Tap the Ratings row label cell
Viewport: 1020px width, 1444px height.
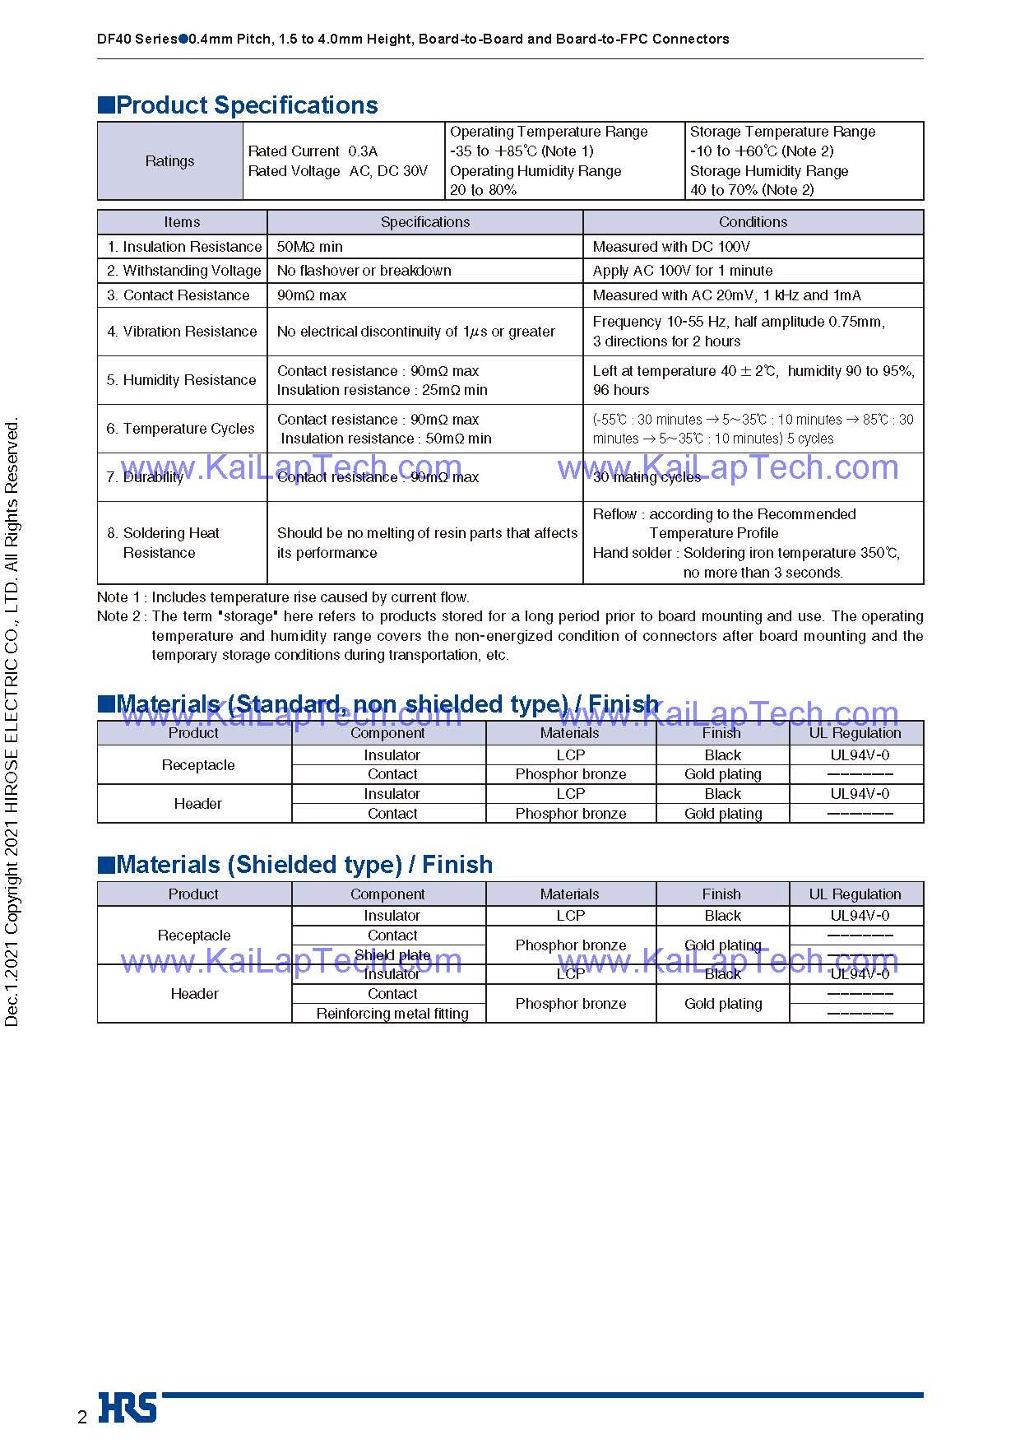(169, 161)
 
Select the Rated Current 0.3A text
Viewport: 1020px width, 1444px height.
(313, 151)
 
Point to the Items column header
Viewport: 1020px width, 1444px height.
(182, 222)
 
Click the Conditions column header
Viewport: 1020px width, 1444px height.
(753, 222)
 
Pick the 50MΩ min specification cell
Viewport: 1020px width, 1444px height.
(310, 247)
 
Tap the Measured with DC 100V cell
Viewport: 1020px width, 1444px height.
(671, 247)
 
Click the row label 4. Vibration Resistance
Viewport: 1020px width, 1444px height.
(182, 332)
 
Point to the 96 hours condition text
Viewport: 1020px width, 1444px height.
(621, 390)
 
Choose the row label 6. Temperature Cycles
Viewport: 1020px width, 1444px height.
(180, 429)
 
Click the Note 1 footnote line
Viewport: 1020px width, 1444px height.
(284, 597)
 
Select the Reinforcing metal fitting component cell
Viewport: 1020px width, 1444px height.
(392, 1014)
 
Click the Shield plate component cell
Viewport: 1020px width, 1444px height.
(392, 955)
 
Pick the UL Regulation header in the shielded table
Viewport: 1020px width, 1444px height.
(855, 894)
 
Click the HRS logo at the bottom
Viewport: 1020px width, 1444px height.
(128, 1407)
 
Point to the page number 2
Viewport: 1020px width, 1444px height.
(81, 1417)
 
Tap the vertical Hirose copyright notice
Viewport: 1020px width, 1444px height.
(12, 724)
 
